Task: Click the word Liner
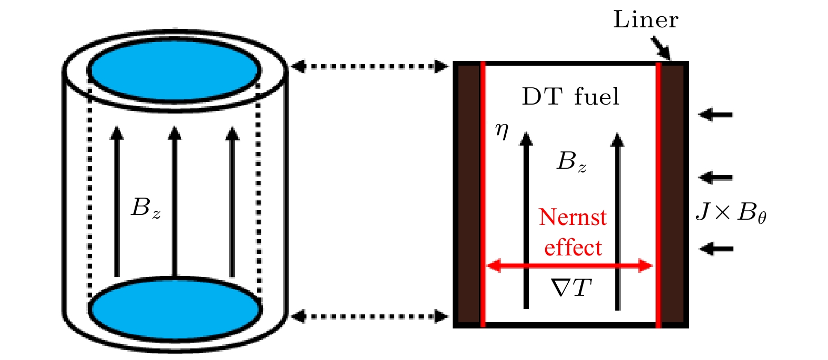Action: tap(646, 20)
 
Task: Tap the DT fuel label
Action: tap(570, 97)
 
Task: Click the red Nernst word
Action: tap(573, 217)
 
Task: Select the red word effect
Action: tap(573, 247)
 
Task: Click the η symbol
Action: tap(502, 130)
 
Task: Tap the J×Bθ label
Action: tap(730, 213)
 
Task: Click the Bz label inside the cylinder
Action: tap(146, 208)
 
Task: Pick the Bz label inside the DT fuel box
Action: tap(571, 162)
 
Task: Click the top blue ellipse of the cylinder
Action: tap(174, 70)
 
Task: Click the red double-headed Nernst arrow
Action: tap(570, 266)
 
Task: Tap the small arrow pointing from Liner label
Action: tap(661, 48)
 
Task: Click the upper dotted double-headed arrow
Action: tap(370, 66)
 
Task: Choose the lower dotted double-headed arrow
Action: tap(370, 316)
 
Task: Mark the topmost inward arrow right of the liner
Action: tap(715, 114)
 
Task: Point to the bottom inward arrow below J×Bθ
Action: tap(715, 248)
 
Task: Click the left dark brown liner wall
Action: tap(468, 194)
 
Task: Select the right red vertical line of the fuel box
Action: tap(658, 194)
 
